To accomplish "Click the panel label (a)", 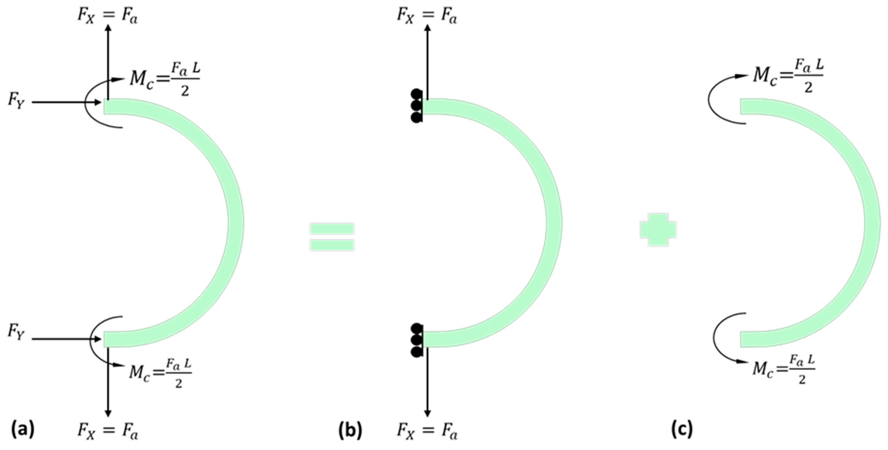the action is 23,430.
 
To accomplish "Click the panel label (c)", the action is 682,430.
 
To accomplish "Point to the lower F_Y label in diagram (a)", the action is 16,333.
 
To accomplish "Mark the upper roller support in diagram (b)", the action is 417,106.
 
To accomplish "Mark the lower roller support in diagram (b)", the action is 417,340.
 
